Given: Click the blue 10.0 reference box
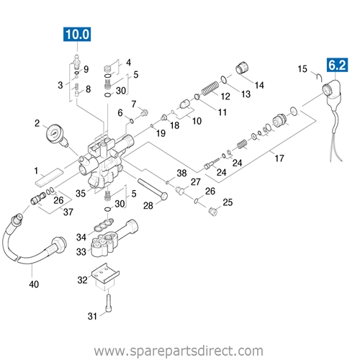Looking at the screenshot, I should [77, 33].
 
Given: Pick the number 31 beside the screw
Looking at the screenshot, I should [92, 318].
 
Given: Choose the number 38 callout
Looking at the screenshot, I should [181, 174].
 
